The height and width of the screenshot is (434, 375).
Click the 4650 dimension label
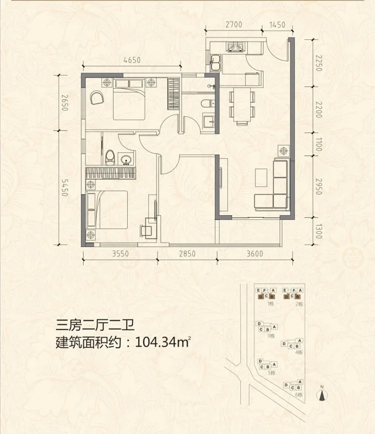[132, 60]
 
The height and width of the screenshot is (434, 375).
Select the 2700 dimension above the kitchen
[234, 25]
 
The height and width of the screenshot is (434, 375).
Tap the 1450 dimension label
[277, 25]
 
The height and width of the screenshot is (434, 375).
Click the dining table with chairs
[241, 106]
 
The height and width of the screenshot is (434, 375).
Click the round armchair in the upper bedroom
[97, 98]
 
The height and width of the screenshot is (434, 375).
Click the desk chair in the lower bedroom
[146, 230]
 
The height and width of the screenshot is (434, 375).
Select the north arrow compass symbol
[322, 395]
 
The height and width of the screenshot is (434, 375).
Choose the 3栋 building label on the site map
[271, 336]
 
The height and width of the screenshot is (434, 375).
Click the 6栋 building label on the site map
[299, 395]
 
